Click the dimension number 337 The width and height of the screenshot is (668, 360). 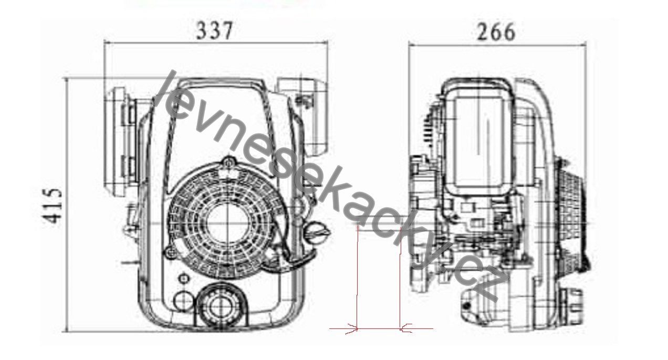pyautogui.click(x=214, y=31)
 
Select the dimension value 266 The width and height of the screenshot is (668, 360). pyautogui.click(x=496, y=32)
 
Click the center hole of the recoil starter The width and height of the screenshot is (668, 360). pyautogui.click(x=227, y=223)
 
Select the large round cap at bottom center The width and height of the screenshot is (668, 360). pyautogui.click(x=222, y=306)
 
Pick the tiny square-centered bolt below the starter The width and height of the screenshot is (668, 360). pyautogui.click(x=184, y=279)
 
